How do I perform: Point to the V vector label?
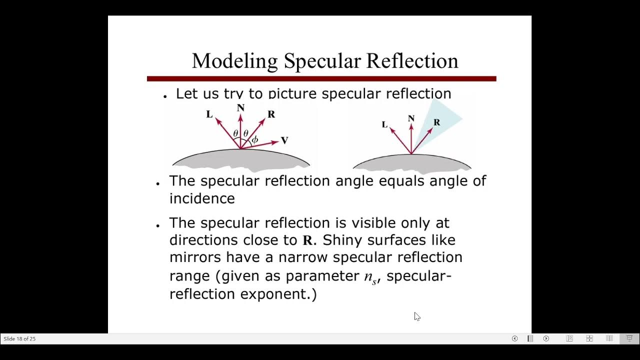pyautogui.click(x=284, y=140)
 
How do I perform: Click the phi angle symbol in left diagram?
pyautogui.click(x=255, y=140)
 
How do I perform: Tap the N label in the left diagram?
pyautogui.click(x=240, y=108)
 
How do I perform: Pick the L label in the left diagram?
pyautogui.click(x=209, y=114)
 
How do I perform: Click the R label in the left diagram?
pyautogui.click(x=271, y=114)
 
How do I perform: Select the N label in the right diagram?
pyautogui.click(x=411, y=118)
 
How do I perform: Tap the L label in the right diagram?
pyautogui.click(x=384, y=124)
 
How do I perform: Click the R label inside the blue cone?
pyautogui.click(x=436, y=122)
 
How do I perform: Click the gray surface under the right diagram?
pyautogui.click(x=412, y=163)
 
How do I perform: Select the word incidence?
pyautogui.click(x=202, y=198)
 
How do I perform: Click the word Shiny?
pyautogui.click(x=342, y=240)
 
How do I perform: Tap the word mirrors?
pyautogui.click(x=195, y=257)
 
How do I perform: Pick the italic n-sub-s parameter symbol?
pyautogui.click(x=370, y=276)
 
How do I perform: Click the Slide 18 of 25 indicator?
pyautogui.click(x=19, y=338)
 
